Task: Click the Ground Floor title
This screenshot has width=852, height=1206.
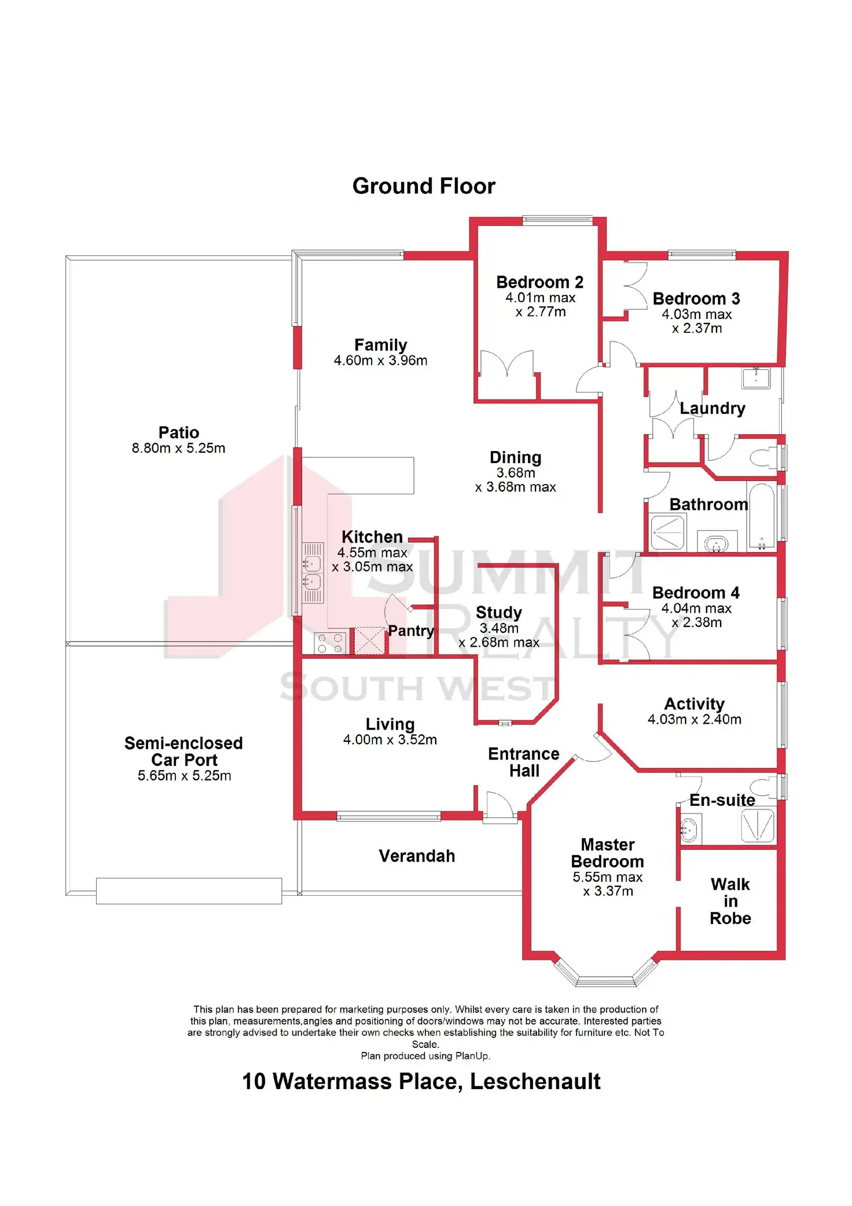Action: coord(424,186)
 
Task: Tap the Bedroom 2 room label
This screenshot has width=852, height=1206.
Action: coord(539,283)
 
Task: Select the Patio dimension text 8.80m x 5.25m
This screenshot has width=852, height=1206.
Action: coord(178,448)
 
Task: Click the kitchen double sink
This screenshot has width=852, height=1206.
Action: coord(313,572)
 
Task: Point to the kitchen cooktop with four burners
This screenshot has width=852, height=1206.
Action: coord(330,643)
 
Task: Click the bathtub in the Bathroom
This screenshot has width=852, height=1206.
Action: coord(761,516)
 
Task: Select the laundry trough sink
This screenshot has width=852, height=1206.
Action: coord(756,378)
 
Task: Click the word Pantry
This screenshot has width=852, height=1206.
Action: coord(411,631)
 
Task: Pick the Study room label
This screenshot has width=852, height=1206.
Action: coord(499,613)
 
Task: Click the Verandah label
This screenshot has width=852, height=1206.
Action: coord(417,856)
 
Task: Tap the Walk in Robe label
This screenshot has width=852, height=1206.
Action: coord(730,901)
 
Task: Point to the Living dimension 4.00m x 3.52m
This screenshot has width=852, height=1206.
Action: coord(390,740)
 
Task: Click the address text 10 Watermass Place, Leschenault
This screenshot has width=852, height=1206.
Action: coord(421,1081)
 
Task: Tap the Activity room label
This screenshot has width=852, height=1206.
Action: coord(694,704)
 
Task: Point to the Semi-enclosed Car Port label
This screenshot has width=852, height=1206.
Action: coord(183,752)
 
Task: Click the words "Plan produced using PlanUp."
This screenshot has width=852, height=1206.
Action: coord(425,1055)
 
